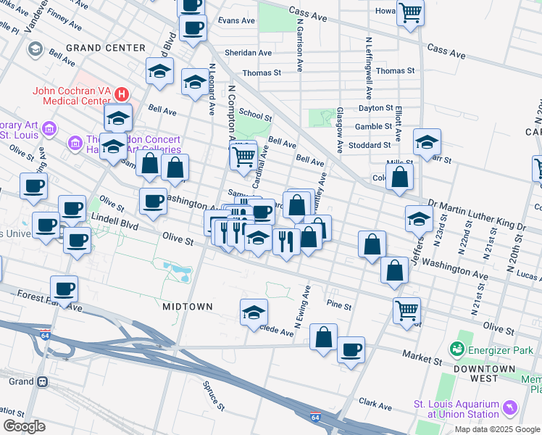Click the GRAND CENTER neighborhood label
[106, 48]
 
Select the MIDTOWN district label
[188, 307]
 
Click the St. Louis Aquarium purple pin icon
[512, 409]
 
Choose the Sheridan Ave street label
[248, 53]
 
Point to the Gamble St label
[375, 126]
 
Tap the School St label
[255, 115]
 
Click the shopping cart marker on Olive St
[406, 310]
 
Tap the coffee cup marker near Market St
[351, 349]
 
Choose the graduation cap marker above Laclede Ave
[254, 312]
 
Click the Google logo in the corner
[23, 426]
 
